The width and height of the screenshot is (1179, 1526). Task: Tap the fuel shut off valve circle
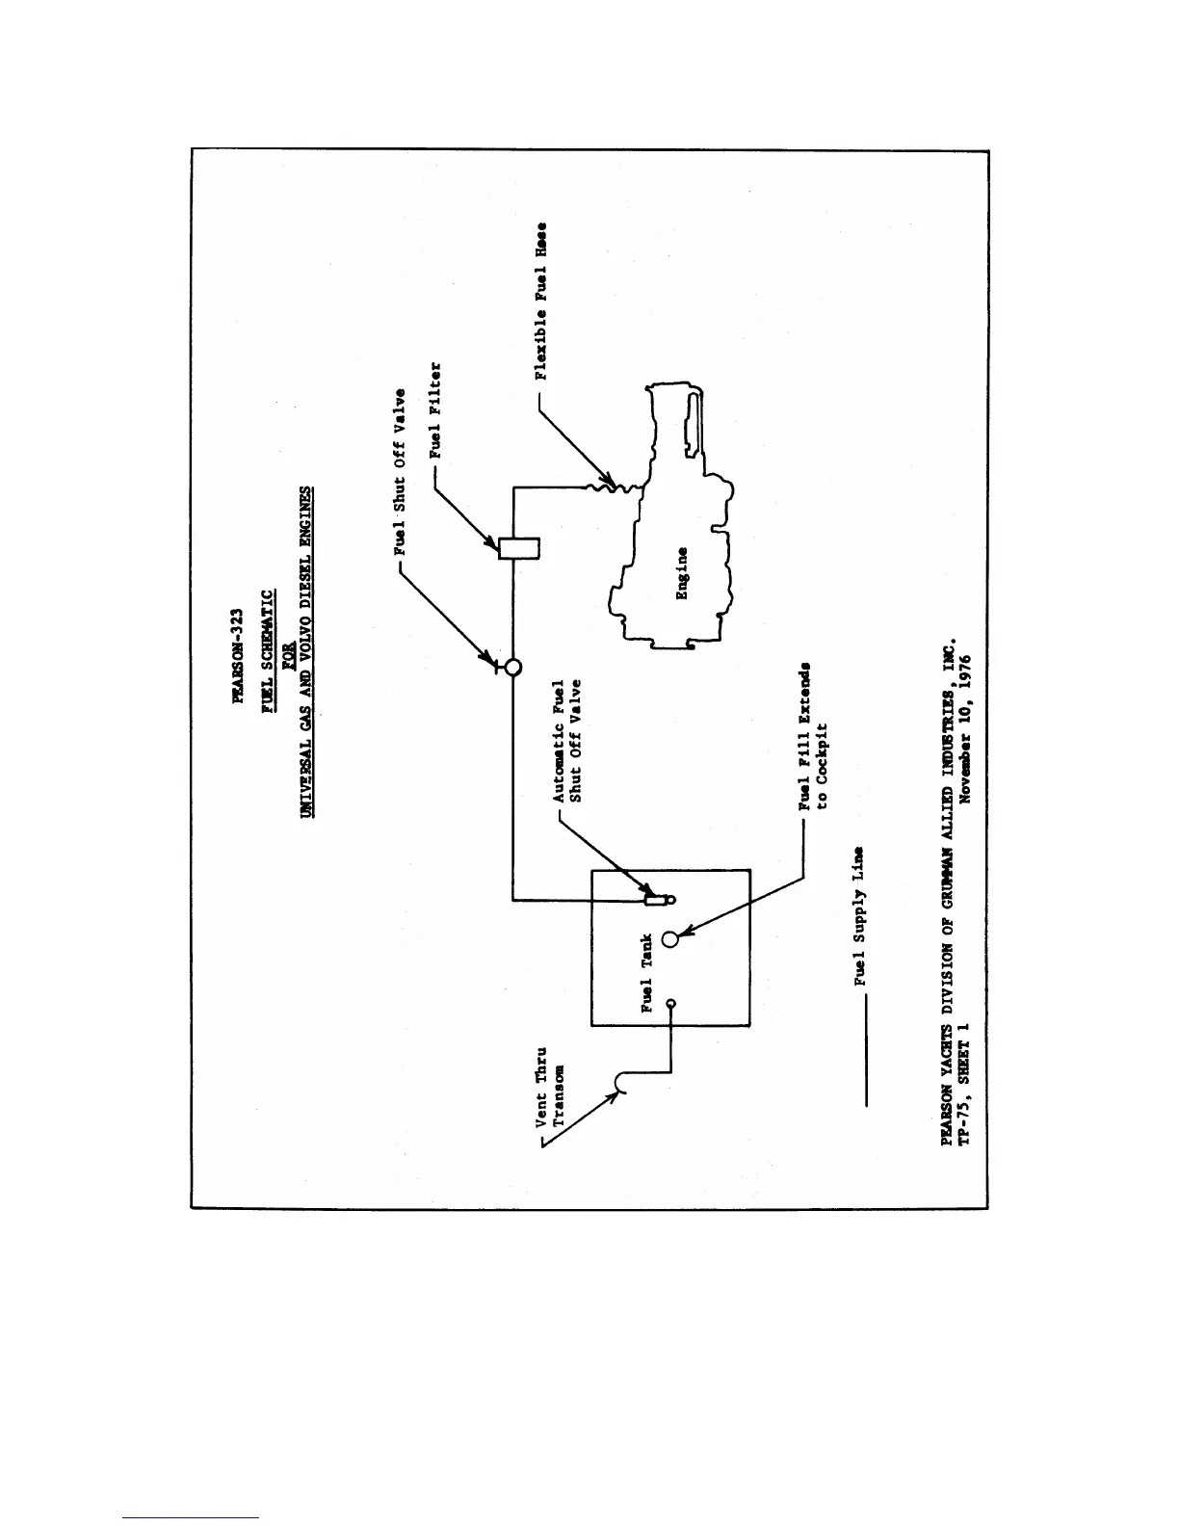pyautogui.click(x=512, y=666)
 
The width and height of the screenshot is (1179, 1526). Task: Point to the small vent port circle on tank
pyautogui.click(x=670, y=1004)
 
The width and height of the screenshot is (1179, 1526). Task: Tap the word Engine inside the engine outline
pyautogui.click(x=682, y=573)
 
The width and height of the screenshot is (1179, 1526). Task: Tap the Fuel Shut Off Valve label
pyautogui.click(x=401, y=472)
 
